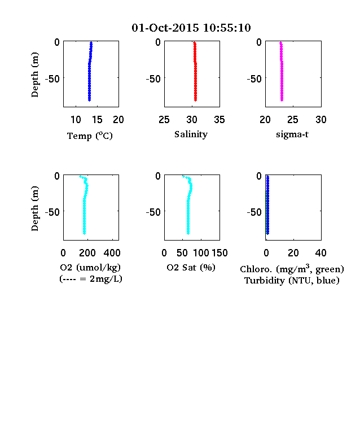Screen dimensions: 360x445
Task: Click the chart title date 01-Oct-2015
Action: pos(165,28)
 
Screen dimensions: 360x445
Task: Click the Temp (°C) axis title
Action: pos(90,136)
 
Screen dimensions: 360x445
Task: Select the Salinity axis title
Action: pos(191,134)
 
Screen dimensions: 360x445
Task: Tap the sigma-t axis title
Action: pos(292,134)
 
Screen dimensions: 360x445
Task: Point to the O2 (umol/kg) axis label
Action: pos(90,267)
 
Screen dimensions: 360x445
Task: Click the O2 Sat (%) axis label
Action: pos(191,267)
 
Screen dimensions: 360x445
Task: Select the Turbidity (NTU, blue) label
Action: pos(292,281)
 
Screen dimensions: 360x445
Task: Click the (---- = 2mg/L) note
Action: pos(91,279)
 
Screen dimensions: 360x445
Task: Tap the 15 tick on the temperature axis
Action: pos(97,120)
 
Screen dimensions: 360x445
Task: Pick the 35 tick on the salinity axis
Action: pos(219,120)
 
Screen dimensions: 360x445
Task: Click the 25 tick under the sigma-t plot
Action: pos(292,120)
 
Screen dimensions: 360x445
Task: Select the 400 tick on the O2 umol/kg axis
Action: pos(112,253)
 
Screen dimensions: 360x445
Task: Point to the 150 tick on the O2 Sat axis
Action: pos(219,253)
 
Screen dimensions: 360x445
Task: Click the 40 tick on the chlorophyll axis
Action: pos(321,253)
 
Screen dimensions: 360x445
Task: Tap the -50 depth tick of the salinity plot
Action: pos(153,78)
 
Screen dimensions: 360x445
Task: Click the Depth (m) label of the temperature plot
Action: pos(34,75)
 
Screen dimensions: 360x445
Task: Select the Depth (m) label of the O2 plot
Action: pos(34,208)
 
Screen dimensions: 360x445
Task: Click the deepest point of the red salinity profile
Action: pos(195,100)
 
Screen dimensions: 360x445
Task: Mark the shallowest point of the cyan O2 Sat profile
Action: pos(183,177)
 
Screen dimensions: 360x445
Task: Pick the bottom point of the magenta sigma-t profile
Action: pos(282,100)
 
